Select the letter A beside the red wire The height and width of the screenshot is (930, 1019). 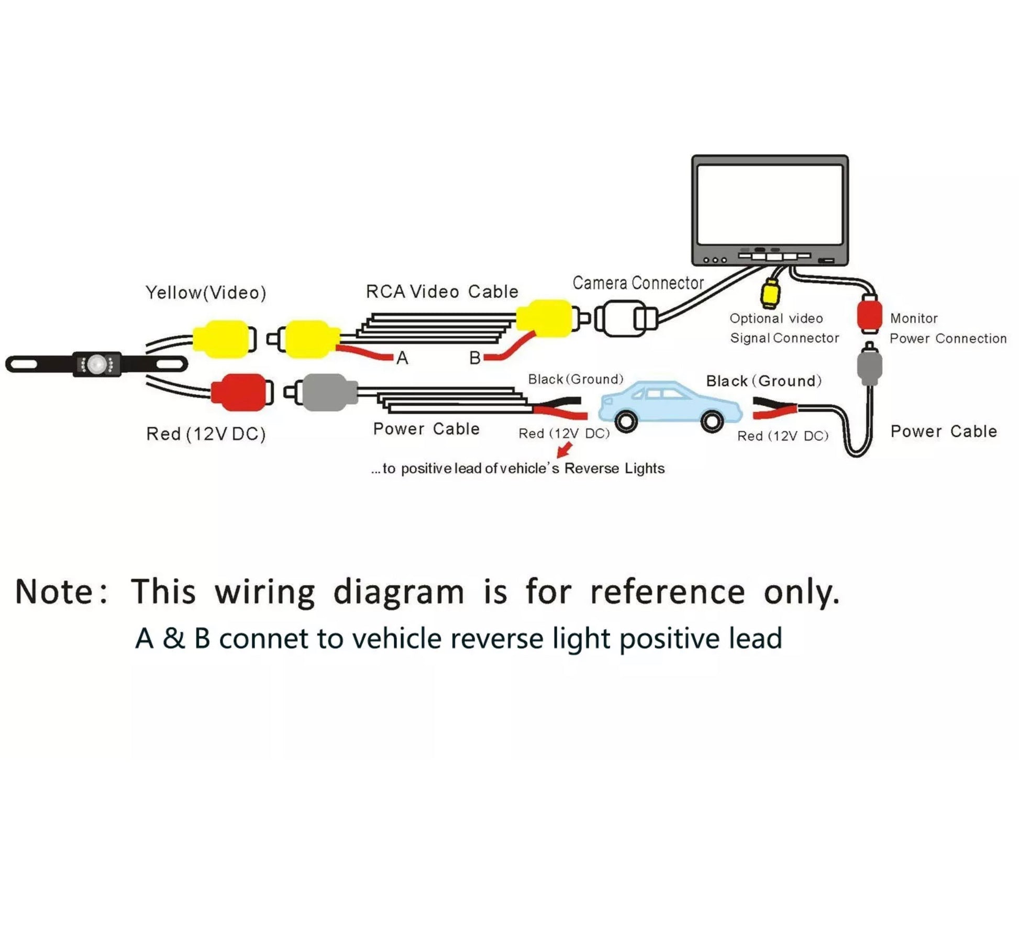402,358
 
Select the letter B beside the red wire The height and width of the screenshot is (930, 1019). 475,358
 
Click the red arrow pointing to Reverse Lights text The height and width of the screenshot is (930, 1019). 564,450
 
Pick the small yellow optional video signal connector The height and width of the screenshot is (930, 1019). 770,293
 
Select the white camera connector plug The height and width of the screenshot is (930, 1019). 626,318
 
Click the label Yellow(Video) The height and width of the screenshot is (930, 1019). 206,293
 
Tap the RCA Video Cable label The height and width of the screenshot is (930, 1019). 442,292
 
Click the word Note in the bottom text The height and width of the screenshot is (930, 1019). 54,592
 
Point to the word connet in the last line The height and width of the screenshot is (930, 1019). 263,639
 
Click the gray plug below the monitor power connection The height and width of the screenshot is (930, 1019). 869,365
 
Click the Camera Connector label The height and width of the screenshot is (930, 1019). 638,283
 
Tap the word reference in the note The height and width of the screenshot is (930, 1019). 667,592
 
